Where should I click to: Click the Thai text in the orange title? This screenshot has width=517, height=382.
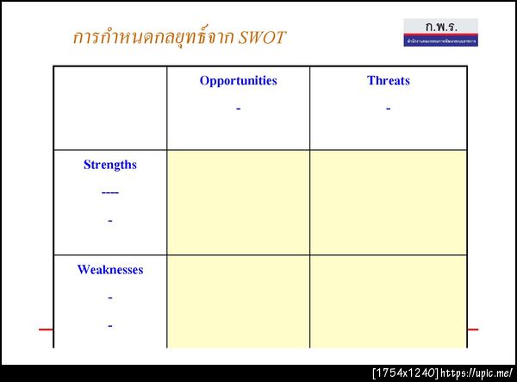click(x=145, y=38)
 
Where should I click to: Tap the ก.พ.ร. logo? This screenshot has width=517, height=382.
click(x=439, y=32)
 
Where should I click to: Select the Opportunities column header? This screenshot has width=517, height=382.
click(x=238, y=81)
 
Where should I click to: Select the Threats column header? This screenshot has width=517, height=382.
click(x=388, y=81)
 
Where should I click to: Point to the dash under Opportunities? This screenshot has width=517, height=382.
click(x=238, y=109)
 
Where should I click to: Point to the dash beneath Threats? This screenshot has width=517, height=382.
click(x=388, y=109)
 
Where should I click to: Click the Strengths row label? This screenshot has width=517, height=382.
click(x=109, y=165)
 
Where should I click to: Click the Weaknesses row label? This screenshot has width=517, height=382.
click(x=109, y=270)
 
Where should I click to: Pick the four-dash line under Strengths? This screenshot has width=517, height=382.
click(x=109, y=193)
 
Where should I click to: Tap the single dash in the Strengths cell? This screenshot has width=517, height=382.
click(x=109, y=222)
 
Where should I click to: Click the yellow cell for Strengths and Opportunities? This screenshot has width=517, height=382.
click(x=238, y=203)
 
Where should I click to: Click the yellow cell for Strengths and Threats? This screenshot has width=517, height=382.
click(x=388, y=203)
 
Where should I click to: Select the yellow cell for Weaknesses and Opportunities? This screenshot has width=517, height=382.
click(x=238, y=301)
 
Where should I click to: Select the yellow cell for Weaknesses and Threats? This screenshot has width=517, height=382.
click(x=388, y=301)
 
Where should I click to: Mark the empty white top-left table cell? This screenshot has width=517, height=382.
click(x=109, y=108)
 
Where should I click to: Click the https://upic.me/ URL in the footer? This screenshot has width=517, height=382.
click(x=477, y=373)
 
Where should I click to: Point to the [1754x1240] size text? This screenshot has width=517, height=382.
click(x=405, y=373)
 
